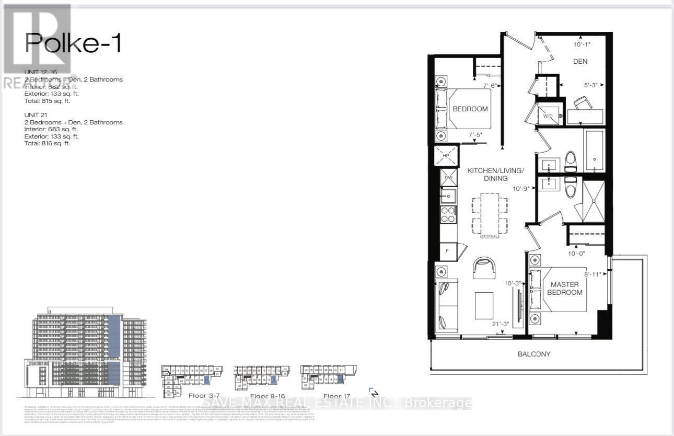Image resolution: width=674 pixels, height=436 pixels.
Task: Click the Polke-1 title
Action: click(73, 43)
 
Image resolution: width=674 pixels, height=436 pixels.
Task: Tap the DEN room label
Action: click(580, 61)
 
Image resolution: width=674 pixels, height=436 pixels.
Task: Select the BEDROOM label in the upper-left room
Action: click(470, 109)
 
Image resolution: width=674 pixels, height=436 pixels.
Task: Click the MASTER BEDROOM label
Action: click(565, 288)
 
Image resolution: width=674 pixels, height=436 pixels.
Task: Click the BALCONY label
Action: click(534, 354)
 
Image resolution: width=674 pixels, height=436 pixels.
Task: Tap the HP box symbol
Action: click(446, 156)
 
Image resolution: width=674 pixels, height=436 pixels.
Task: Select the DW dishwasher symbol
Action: click(448, 178)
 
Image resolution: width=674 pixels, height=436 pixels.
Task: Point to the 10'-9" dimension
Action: click(522, 188)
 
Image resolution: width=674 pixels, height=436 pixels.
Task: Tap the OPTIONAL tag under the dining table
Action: click(489, 236)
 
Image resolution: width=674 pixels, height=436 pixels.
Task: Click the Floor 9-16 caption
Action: click(268, 396)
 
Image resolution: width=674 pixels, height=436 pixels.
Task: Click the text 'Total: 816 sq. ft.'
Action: click(47, 143)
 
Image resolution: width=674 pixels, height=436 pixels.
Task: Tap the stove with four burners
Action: click(448, 214)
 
